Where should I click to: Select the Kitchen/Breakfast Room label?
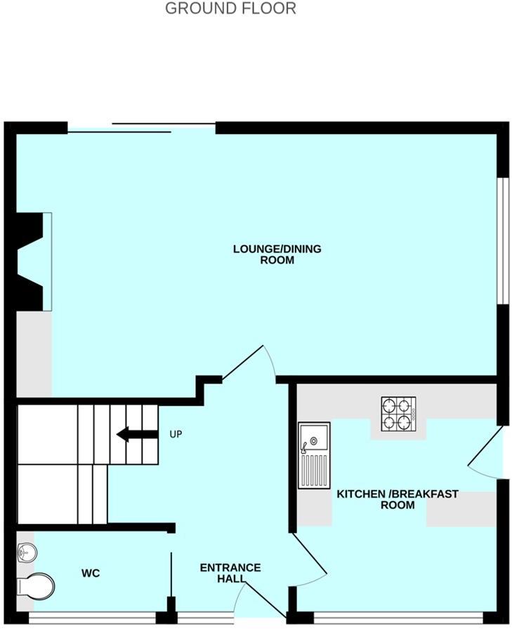pyautogui.click(x=398, y=499)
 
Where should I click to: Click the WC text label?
pyautogui.click(x=91, y=574)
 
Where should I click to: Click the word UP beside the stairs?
pyautogui.click(x=176, y=435)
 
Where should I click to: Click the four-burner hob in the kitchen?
pyautogui.click(x=398, y=414)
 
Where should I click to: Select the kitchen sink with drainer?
pyautogui.click(x=313, y=456)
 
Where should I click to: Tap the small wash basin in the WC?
pyautogui.click(x=26, y=553)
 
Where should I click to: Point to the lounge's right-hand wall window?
pyautogui.click(x=502, y=240)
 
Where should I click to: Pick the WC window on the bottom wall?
pyautogui.click(x=92, y=618)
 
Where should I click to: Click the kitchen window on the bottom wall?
pyautogui.click(x=398, y=618)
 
